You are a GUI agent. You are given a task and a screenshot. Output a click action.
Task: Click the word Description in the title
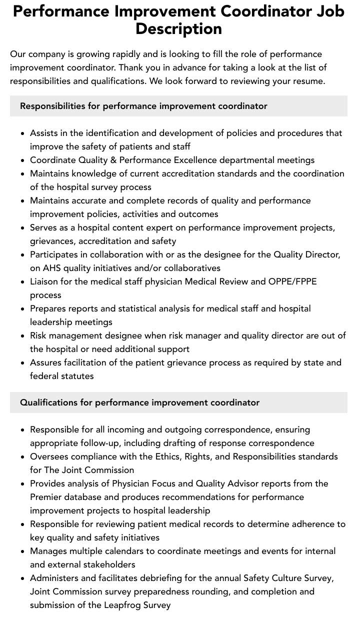[x=178, y=28]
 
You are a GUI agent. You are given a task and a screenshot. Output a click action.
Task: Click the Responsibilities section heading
[x=143, y=106]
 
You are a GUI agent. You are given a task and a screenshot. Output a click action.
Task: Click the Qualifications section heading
[x=139, y=402]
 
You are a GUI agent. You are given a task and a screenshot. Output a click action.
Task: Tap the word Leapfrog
[x=123, y=605]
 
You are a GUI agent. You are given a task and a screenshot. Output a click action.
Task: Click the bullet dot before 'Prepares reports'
[x=22, y=309]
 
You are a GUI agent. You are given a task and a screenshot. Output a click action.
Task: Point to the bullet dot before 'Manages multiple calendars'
[x=22, y=551]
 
